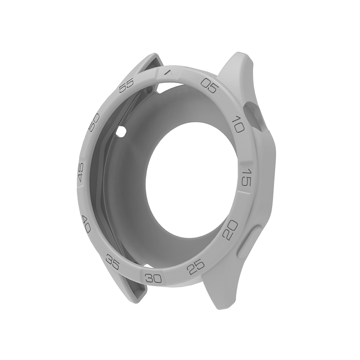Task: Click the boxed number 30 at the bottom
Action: [x=154, y=278]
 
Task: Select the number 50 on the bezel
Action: [x=94, y=123]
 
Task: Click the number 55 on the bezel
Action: [x=126, y=86]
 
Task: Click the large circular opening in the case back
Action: [x=191, y=180]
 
